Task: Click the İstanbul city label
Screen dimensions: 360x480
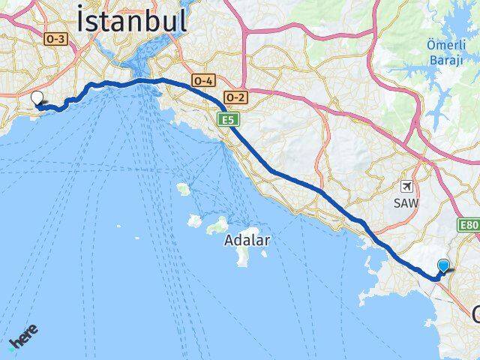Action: tap(132, 20)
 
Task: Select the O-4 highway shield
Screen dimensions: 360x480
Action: tap(203, 80)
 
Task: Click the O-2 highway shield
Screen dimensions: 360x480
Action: tap(235, 97)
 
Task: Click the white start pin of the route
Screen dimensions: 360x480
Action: tap(37, 97)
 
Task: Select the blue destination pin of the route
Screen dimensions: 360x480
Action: tap(444, 266)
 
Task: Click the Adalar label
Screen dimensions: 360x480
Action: tap(247, 241)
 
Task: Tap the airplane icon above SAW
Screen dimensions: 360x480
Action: tap(407, 186)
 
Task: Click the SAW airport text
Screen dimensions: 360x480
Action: tap(407, 203)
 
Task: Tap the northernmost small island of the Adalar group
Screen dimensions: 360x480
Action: tap(183, 188)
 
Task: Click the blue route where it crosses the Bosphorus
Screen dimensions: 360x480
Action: tap(142, 80)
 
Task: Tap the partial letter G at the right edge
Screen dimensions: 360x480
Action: tap(476, 313)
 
